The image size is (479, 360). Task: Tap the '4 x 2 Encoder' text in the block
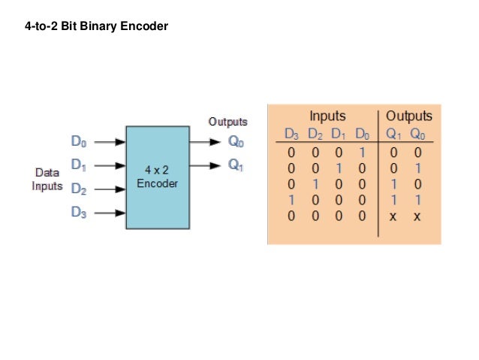[158, 177]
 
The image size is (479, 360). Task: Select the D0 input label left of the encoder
[79, 141]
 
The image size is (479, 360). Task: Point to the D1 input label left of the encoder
[79, 164]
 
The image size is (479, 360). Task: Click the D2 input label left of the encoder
[79, 189]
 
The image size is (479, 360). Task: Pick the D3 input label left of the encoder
[79, 212]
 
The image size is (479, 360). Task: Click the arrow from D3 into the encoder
[110, 213]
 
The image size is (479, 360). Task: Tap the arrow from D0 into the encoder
[110, 141]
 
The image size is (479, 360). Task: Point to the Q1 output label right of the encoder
[236, 165]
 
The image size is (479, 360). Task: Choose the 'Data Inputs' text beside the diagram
[47, 180]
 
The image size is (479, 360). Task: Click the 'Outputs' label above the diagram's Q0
[227, 122]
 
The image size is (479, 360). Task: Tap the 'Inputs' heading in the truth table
[327, 116]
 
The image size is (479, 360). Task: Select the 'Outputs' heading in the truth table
[408, 116]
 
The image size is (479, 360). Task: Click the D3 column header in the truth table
[291, 135]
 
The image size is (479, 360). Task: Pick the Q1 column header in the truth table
[394, 135]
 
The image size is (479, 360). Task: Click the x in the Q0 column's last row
[417, 217]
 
